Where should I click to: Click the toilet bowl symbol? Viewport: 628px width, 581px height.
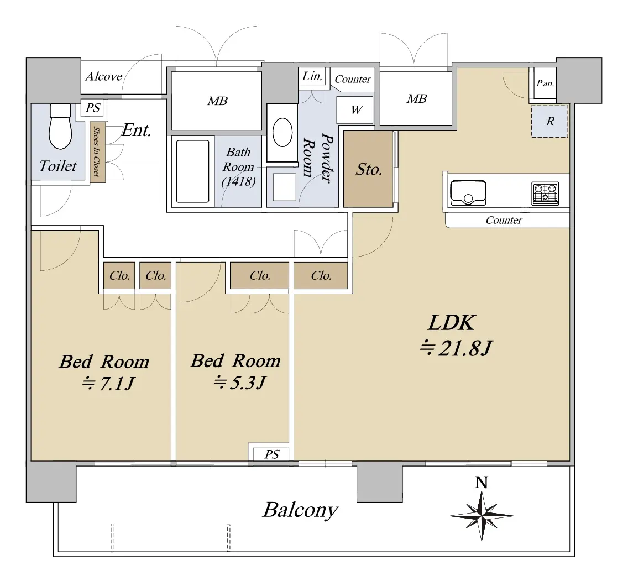(x=60, y=126)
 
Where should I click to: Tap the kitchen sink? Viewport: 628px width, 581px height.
(x=468, y=193)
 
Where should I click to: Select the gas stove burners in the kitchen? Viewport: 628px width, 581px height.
(x=545, y=193)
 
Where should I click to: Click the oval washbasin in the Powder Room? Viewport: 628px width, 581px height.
(x=282, y=133)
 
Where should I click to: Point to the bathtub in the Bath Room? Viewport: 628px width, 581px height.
(x=192, y=171)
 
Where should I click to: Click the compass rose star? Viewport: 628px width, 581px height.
(x=482, y=516)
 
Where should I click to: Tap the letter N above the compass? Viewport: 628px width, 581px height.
(x=482, y=483)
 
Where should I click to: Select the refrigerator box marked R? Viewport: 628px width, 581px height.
(x=550, y=121)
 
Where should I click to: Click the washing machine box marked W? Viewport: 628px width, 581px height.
(x=355, y=109)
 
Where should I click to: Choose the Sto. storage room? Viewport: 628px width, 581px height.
(x=369, y=169)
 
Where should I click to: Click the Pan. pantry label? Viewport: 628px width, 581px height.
(x=545, y=83)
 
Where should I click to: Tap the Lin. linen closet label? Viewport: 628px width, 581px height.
(x=312, y=76)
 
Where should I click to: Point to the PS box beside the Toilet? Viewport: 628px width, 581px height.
(x=93, y=108)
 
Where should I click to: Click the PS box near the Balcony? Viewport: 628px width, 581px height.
(x=271, y=454)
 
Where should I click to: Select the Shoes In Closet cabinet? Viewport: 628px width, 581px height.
(x=97, y=152)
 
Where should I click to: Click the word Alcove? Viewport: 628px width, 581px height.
(x=103, y=76)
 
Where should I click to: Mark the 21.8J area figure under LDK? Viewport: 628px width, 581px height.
(x=456, y=348)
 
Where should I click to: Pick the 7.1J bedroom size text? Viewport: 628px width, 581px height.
(x=108, y=384)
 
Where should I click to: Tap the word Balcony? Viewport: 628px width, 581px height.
(x=300, y=511)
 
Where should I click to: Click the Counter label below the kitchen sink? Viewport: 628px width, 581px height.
(x=504, y=220)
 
